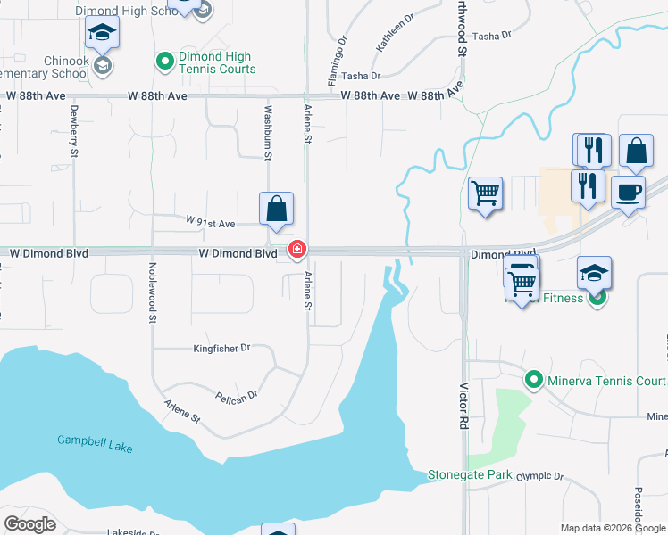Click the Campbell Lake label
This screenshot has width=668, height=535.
click(x=96, y=440)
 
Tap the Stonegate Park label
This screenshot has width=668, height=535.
click(x=469, y=474)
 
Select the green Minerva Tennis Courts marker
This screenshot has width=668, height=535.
click(x=534, y=381)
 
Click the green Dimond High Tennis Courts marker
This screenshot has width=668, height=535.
click(x=164, y=61)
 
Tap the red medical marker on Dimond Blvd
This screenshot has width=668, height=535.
click(x=296, y=249)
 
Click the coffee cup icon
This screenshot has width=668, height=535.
click(x=628, y=192)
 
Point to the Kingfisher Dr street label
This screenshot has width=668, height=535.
click(x=221, y=348)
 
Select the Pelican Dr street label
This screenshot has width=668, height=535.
click(x=236, y=393)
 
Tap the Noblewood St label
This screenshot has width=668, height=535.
click(x=153, y=292)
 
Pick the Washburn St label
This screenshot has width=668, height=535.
click(x=267, y=134)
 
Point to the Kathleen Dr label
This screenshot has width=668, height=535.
click(x=395, y=30)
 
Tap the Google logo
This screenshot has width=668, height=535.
click(x=29, y=524)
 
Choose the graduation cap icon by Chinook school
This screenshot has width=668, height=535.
click(x=102, y=34)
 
